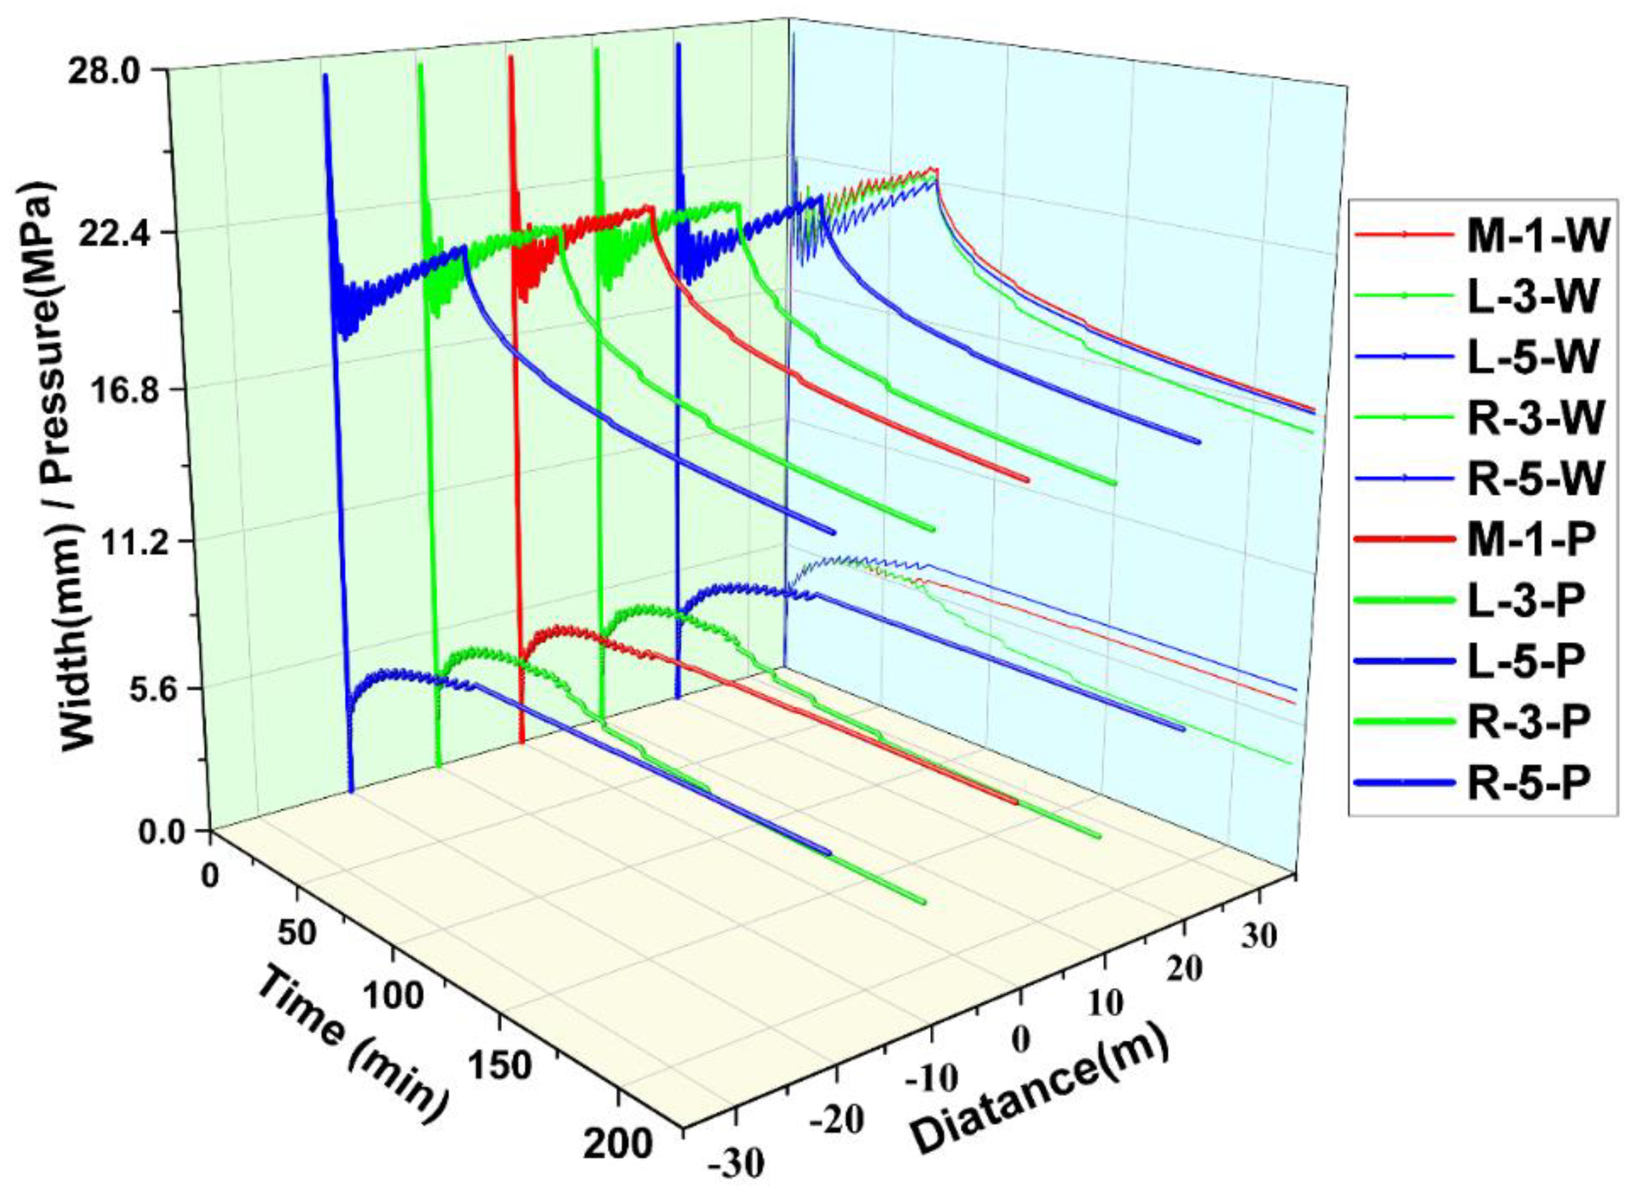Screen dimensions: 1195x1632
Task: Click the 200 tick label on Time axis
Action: pos(617,1147)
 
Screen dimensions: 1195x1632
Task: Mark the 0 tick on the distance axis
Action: pos(1020,1040)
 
